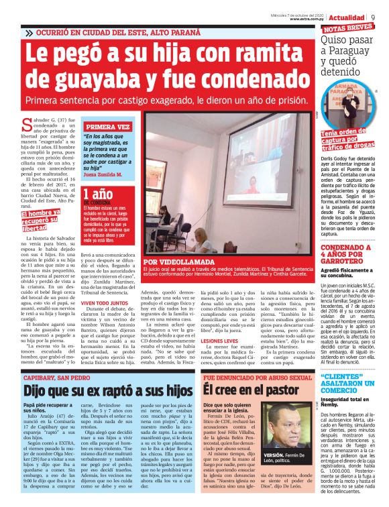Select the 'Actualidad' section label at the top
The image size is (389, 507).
click(x=347, y=17)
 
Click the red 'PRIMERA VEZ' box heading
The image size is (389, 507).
click(x=107, y=126)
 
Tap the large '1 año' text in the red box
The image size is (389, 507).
click(x=96, y=194)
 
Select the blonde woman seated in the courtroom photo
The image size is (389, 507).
click(x=203, y=235)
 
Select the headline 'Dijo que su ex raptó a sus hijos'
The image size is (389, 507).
click(x=107, y=390)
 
